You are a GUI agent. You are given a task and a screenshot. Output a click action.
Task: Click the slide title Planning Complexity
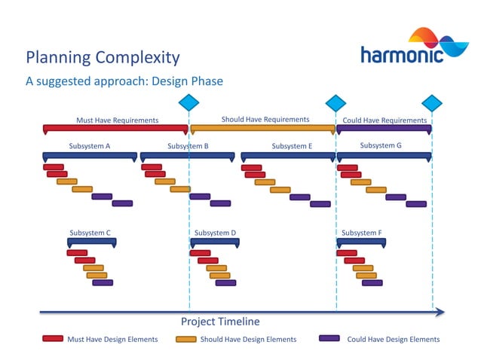click(x=103, y=57)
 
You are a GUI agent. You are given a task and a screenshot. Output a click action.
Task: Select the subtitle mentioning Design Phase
click(x=124, y=81)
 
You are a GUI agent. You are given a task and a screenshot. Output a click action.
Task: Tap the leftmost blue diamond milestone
click(x=188, y=102)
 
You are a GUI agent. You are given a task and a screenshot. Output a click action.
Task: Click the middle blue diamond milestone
click(x=335, y=102)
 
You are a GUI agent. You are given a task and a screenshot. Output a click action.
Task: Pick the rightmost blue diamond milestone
click(x=432, y=102)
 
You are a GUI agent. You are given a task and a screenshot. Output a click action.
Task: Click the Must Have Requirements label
click(x=117, y=120)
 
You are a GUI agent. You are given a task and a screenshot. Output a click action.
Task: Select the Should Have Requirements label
click(x=265, y=119)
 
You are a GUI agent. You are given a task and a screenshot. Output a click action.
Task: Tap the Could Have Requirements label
click(x=384, y=120)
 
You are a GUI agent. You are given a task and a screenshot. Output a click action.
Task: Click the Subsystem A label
click(x=90, y=146)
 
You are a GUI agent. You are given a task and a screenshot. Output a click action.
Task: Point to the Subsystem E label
click(x=292, y=146)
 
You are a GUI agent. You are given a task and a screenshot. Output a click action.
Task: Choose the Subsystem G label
click(x=381, y=145)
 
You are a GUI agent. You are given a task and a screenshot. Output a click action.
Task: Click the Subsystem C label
click(x=90, y=233)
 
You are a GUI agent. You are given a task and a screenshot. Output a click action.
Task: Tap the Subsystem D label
click(x=216, y=233)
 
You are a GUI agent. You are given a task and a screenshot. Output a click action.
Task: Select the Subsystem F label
click(x=361, y=233)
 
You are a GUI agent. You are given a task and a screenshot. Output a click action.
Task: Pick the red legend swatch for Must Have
click(x=52, y=339)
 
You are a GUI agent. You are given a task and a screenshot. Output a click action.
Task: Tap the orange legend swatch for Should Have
click(x=185, y=339)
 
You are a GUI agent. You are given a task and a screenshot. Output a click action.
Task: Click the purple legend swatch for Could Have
click(x=329, y=338)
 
